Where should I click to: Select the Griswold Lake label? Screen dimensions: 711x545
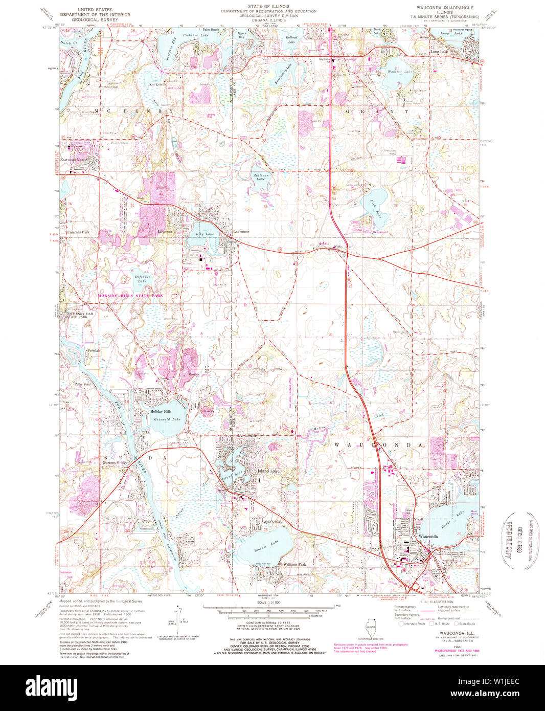(167, 419)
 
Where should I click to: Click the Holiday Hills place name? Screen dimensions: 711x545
(161, 411)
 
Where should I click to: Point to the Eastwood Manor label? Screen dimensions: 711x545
(75, 160)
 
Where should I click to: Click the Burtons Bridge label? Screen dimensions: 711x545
(115, 463)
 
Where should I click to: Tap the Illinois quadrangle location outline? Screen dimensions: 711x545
(371, 627)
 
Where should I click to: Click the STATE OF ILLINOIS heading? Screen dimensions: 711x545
(268, 7)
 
